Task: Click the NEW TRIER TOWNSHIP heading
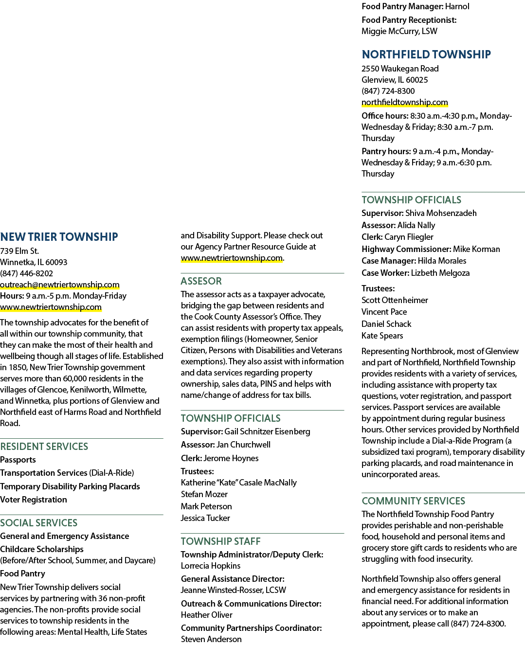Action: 59,237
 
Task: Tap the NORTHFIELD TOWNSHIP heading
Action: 426,54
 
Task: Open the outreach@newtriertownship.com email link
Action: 60,285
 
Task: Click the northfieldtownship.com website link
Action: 404,102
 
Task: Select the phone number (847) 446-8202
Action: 26,273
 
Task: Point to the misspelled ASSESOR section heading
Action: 201,281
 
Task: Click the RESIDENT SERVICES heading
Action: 44,447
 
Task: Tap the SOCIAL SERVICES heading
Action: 38,522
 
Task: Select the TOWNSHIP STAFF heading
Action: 220,541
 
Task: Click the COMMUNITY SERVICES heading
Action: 413,501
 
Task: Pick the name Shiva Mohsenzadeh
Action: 441,213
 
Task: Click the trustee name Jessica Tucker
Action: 205,518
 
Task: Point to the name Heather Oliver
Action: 207,615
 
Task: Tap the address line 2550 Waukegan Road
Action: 400,69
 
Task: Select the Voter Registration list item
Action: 33,500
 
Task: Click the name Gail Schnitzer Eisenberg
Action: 267,431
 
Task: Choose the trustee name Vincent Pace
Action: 384,312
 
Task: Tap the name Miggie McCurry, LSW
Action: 399,31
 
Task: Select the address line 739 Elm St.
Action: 19,251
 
